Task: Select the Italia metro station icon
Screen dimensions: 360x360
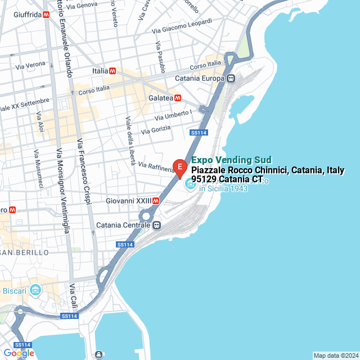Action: (113, 71)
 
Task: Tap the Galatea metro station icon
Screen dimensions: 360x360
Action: (178, 98)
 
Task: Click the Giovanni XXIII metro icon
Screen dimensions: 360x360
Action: (156, 200)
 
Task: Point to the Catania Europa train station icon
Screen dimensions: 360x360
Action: (231, 79)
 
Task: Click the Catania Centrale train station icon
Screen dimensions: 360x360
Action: (157, 225)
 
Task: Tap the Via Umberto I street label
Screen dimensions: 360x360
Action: (174, 115)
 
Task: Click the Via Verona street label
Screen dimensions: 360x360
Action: (30, 65)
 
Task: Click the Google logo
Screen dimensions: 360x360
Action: (19, 353)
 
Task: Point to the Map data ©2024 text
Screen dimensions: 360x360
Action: (335, 355)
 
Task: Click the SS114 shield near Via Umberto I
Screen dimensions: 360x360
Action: (199, 133)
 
